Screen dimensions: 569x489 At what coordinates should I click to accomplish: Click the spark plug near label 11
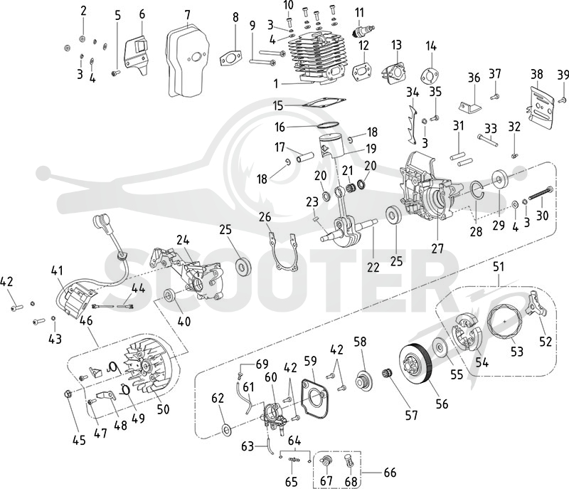(x=363, y=30)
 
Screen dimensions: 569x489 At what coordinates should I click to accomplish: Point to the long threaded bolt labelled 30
(x=541, y=193)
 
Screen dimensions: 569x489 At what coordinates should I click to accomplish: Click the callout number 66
(x=389, y=473)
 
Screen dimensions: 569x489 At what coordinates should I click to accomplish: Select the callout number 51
(x=499, y=267)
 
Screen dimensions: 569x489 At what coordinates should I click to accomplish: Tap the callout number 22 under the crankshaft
(x=373, y=267)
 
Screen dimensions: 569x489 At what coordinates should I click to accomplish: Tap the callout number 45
(x=79, y=440)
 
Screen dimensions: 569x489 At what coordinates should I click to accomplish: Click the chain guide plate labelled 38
(x=539, y=107)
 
